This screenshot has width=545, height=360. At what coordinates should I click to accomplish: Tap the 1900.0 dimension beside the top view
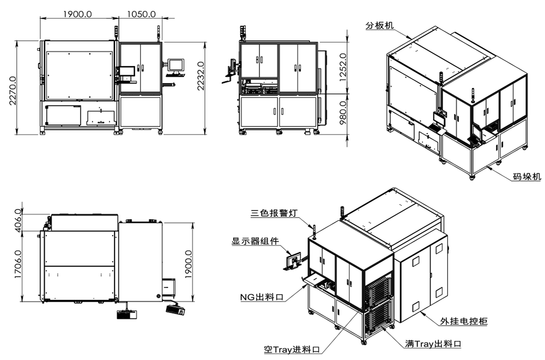point(188,265)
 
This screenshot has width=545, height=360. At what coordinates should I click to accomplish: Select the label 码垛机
point(527,177)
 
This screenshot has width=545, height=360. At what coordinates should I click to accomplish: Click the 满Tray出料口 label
point(433,344)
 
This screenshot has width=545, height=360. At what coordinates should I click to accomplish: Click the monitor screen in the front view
point(176,65)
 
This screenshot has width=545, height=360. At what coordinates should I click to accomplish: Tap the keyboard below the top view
point(176,310)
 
